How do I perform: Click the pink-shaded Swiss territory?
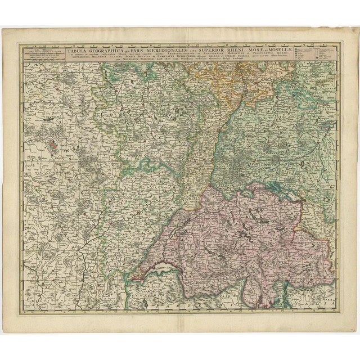(x=236, y=236)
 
